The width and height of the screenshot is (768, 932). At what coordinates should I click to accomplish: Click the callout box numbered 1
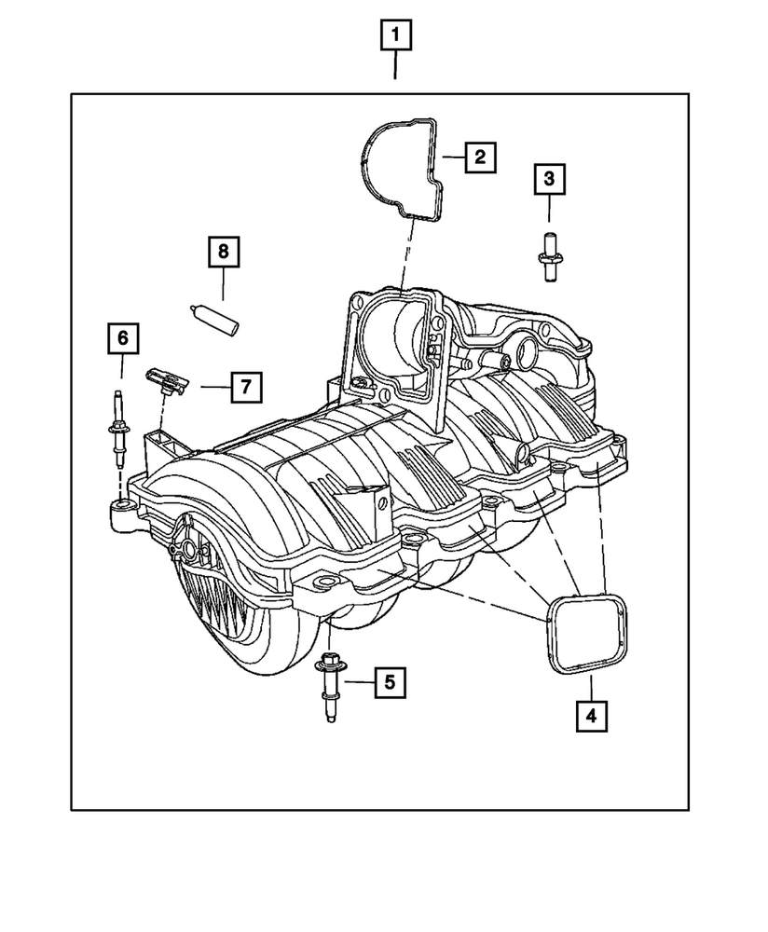coord(395,37)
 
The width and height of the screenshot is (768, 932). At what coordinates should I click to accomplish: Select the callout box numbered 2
coord(479,157)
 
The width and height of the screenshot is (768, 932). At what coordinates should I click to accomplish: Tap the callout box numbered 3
coord(549,178)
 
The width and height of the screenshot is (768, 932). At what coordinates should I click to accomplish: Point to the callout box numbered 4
coord(591,715)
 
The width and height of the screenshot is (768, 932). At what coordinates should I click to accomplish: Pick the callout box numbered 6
coord(121,337)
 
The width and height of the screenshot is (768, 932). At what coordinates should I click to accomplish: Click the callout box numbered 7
coord(245,386)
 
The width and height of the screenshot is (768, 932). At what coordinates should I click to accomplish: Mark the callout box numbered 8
coord(224,252)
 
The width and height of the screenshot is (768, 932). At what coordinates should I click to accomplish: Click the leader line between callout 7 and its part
coord(211,385)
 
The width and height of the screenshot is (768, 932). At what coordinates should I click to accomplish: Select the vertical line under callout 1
coord(395,67)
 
